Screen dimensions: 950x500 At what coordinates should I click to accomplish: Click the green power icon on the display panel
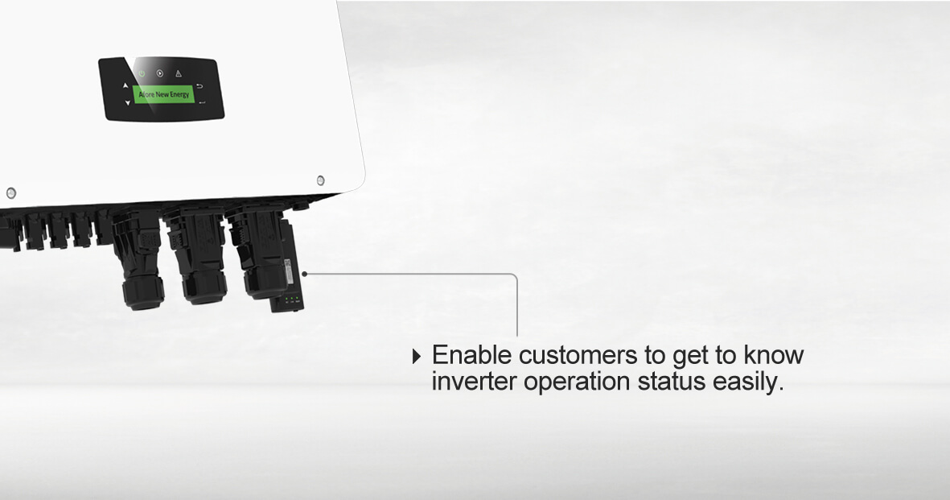[142, 73]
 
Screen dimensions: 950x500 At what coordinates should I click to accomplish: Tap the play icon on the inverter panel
[160, 73]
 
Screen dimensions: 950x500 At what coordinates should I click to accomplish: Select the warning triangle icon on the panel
[179, 73]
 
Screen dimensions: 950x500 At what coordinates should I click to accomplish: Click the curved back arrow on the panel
[200, 86]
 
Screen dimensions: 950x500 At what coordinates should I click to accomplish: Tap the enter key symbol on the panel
[202, 102]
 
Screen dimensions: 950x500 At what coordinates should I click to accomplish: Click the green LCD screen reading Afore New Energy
[163, 95]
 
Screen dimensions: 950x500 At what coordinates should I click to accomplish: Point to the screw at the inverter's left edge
[11, 193]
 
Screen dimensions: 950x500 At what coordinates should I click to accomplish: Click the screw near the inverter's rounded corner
[320, 180]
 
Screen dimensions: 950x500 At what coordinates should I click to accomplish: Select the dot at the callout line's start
[305, 274]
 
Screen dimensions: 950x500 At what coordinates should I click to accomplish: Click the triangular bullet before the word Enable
[416, 356]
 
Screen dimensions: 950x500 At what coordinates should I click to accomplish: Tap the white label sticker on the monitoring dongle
[289, 267]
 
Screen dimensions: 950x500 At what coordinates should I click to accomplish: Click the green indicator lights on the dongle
[291, 299]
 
